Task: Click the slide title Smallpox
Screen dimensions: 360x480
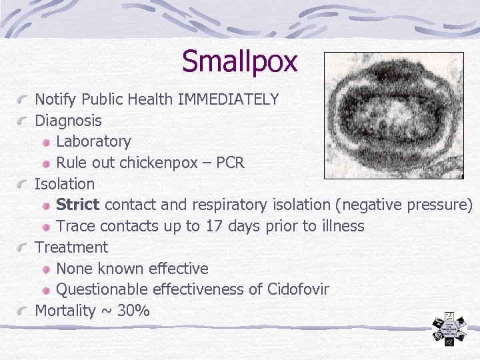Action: click(x=239, y=61)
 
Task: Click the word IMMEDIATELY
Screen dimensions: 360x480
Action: click(x=228, y=100)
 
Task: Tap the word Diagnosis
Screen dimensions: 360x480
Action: click(x=68, y=121)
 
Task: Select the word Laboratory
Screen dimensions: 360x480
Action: click(x=93, y=141)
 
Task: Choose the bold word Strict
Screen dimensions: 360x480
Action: click(x=78, y=205)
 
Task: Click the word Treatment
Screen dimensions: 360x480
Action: click(x=71, y=247)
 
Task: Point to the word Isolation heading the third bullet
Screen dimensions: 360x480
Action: click(x=65, y=184)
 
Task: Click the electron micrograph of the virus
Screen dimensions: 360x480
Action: click(x=393, y=115)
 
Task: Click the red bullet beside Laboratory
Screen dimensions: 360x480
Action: click(x=47, y=142)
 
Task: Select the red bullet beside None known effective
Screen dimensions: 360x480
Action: click(x=47, y=269)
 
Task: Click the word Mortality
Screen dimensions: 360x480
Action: click(x=65, y=311)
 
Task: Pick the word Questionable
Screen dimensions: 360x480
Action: click(x=102, y=290)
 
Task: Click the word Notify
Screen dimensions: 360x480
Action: click(x=56, y=100)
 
